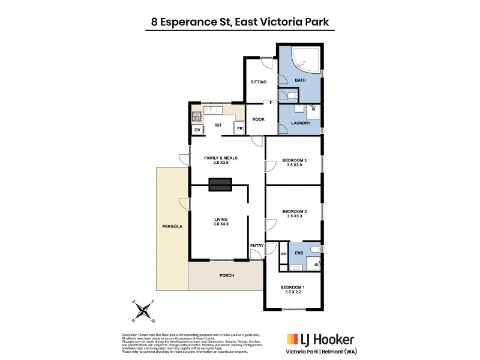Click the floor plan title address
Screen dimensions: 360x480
click(x=239, y=23)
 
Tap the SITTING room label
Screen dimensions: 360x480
click(x=259, y=82)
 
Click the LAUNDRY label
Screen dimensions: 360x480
click(x=300, y=123)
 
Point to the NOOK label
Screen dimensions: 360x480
click(x=259, y=119)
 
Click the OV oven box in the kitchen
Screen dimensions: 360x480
click(x=197, y=130)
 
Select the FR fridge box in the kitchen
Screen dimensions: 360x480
click(x=239, y=129)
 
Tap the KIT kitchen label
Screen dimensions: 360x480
click(x=218, y=125)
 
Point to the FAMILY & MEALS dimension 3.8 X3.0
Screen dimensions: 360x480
click(x=217, y=163)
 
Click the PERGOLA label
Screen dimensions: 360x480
click(x=172, y=227)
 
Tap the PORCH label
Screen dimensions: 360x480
click(x=226, y=275)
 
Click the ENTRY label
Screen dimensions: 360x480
click(x=257, y=245)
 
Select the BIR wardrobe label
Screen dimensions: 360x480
click(x=284, y=254)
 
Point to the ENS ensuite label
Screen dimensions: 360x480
click(x=299, y=254)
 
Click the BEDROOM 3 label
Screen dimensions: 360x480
click(x=295, y=160)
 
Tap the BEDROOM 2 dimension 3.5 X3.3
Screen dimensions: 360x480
click(x=295, y=217)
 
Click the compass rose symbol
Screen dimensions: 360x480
click(x=144, y=311)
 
